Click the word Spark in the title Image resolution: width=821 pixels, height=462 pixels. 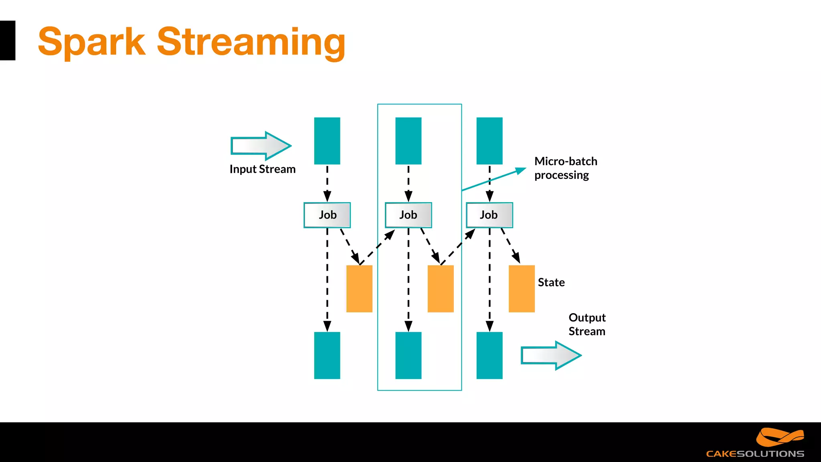(x=91, y=42)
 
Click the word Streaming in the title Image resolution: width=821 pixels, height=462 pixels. (x=251, y=42)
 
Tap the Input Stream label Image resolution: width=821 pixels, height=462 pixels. (x=263, y=169)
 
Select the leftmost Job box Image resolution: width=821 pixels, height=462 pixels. (x=327, y=215)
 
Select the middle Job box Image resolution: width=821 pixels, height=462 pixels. (x=408, y=215)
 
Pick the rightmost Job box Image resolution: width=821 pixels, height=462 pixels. (x=489, y=215)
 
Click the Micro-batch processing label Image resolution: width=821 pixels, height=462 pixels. (x=565, y=168)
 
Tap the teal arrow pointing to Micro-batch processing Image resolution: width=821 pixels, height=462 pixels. (x=494, y=180)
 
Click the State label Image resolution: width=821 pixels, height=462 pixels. (x=551, y=282)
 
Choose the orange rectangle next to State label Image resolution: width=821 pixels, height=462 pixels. (x=522, y=288)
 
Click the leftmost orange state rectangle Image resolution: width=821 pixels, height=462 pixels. (x=359, y=288)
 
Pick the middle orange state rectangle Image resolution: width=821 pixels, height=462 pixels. (x=441, y=288)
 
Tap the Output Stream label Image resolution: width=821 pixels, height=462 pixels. (x=587, y=324)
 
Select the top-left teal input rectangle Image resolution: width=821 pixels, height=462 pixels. (x=327, y=141)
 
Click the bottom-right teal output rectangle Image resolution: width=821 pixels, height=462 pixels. (x=489, y=355)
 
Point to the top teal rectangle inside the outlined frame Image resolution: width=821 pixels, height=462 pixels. (x=408, y=141)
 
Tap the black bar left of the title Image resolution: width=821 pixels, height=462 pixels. (x=7, y=41)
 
